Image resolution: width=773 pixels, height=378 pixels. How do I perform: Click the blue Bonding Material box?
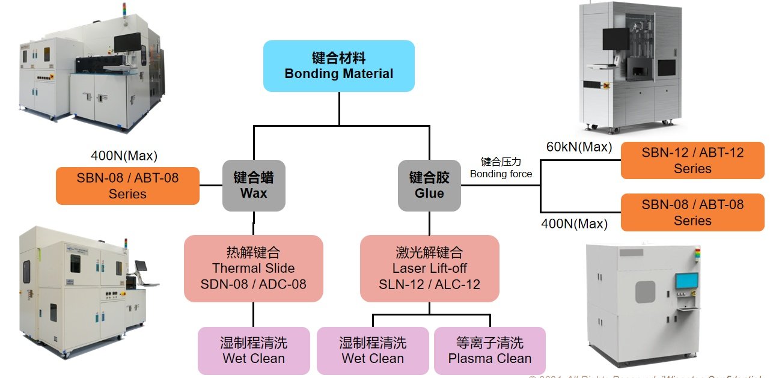point(339,66)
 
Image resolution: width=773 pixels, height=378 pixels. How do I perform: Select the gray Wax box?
point(253,186)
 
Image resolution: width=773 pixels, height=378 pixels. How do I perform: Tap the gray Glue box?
point(429,186)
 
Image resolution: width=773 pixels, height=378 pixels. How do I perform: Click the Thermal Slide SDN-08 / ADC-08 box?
point(254,268)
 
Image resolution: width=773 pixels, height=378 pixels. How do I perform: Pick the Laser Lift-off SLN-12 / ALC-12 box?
point(429,268)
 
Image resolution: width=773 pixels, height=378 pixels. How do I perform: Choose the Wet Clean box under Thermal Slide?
point(254,351)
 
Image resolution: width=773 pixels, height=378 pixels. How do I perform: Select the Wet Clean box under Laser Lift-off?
point(373,351)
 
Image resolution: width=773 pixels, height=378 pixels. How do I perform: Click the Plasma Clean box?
point(490,351)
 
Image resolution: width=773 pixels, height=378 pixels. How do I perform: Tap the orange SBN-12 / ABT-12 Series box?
point(692,160)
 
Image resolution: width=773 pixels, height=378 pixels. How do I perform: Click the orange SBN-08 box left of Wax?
point(127,186)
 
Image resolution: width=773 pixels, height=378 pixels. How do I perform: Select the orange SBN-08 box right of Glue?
point(692,212)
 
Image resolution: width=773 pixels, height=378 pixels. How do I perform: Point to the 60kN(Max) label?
point(579,147)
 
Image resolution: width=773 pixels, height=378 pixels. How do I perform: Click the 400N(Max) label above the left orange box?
point(124,156)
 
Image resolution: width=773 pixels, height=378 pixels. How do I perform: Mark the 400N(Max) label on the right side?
point(574,225)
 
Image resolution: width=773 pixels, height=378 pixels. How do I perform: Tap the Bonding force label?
point(501,174)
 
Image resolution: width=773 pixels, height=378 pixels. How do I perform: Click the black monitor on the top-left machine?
point(127,42)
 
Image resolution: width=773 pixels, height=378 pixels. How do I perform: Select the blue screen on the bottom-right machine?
point(686,281)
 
